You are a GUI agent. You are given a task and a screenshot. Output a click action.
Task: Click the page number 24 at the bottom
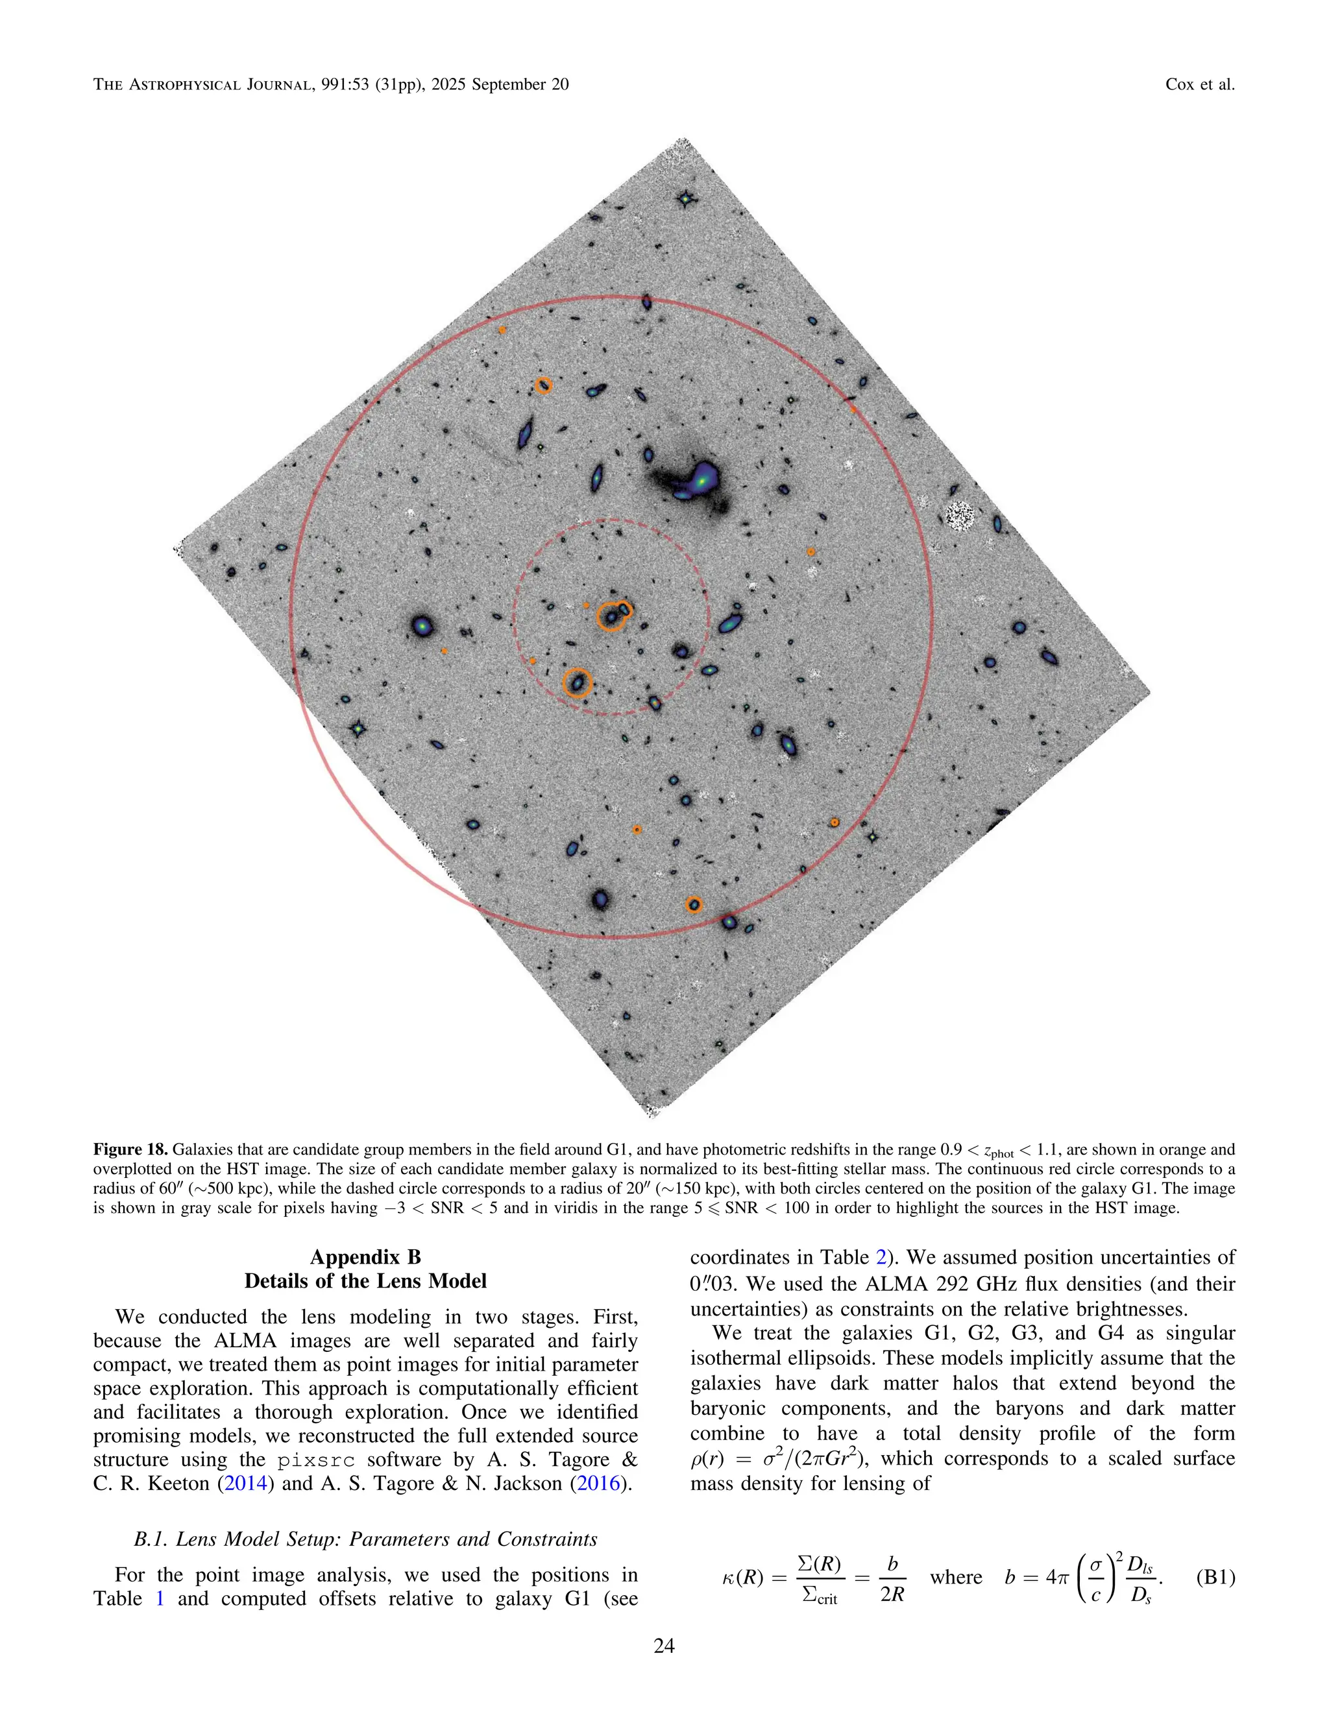pos(664,1646)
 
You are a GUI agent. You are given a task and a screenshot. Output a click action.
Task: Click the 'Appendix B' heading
pos(365,1257)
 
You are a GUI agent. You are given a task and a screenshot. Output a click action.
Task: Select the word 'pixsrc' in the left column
pos(316,1461)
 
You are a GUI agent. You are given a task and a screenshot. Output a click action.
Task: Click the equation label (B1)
pos(1215,1578)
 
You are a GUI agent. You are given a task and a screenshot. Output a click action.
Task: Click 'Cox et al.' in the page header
pos(1199,84)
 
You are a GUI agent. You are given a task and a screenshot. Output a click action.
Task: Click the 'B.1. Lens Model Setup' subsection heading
pos(365,1539)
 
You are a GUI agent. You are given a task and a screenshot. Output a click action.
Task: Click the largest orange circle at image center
pos(611,616)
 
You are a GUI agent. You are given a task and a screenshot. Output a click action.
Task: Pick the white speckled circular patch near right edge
pos(960,516)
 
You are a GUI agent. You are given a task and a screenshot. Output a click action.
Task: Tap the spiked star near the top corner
pos(687,199)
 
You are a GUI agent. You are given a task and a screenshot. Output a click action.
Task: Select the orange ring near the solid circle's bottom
pos(693,904)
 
